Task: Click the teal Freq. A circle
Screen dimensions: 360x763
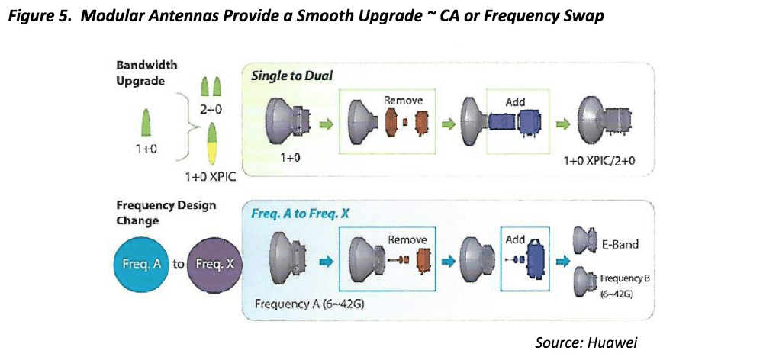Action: pos(142,265)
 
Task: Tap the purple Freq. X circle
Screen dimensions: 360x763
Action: pos(216,265)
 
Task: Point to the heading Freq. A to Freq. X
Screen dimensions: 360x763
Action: pos(301,214)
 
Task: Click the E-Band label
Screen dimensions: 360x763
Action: pos(619,245)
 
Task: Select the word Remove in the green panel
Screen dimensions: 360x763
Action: pos(403,100)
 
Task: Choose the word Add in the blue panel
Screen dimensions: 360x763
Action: pos(516,101)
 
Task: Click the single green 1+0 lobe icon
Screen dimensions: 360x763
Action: pos(146,122)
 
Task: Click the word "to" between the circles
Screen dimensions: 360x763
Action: pos(179,264)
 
